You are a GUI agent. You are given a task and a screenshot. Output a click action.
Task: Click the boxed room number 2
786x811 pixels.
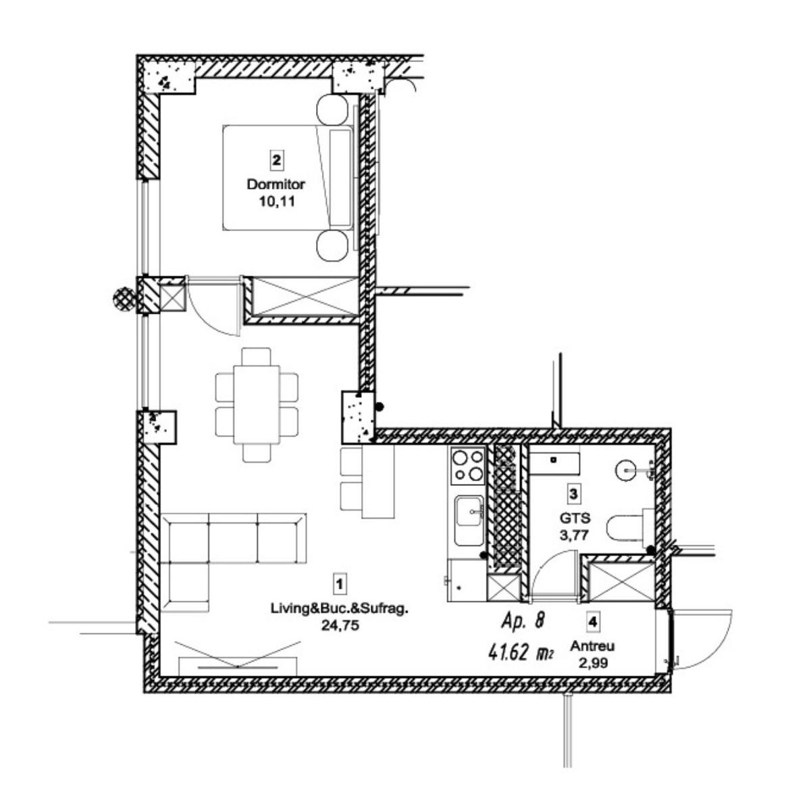point(276,160)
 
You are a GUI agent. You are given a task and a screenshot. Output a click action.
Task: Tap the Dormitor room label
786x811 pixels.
point(276,184)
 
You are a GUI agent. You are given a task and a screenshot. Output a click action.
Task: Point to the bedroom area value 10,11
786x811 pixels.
point(277,201)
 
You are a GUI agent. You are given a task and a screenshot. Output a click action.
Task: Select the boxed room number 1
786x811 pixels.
point(340,585)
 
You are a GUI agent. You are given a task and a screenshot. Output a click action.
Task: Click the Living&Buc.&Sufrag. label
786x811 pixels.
point(338,609)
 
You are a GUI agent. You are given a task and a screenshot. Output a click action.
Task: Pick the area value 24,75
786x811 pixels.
point(340,626)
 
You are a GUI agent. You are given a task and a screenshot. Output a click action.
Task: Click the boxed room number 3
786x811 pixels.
point(573,494)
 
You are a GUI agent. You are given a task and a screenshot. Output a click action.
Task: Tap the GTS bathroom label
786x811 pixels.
point(575,518)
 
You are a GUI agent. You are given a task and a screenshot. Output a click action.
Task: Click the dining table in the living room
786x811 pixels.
point(257,405)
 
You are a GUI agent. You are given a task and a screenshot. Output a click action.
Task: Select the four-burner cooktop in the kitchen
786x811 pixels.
point(468,466)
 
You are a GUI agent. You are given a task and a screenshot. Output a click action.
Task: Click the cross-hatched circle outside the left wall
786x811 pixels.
point(124,299)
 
